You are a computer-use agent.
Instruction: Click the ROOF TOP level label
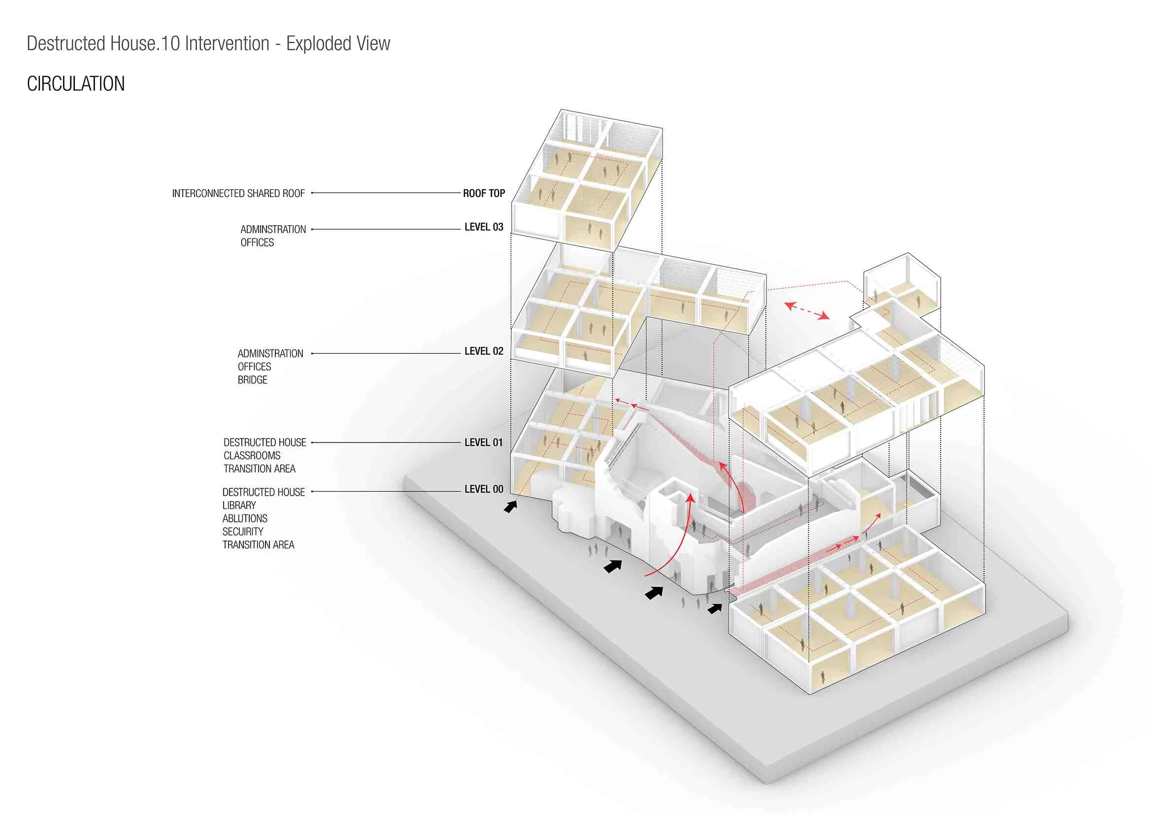484,194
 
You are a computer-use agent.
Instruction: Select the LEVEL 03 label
484,227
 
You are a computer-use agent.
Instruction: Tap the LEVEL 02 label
484,351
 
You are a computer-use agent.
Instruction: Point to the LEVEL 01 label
484,442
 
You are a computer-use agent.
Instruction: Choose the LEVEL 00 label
484,489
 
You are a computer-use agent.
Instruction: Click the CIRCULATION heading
76,84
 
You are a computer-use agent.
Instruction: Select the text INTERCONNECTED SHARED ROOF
238,194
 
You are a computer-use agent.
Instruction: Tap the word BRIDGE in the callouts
252,380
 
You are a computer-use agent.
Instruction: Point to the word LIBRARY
239,506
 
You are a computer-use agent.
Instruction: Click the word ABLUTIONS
245,518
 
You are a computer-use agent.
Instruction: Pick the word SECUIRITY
243,532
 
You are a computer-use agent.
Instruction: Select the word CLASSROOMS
252,456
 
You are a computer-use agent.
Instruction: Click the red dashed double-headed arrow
807,310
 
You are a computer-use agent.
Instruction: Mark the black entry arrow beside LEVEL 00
511,507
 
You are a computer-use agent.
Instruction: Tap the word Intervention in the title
227,44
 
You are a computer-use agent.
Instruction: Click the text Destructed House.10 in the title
103,44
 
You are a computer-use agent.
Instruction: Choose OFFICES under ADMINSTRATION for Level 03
258,243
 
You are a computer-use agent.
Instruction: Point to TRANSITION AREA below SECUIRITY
259,545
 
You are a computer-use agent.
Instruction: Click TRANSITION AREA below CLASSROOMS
260,469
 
